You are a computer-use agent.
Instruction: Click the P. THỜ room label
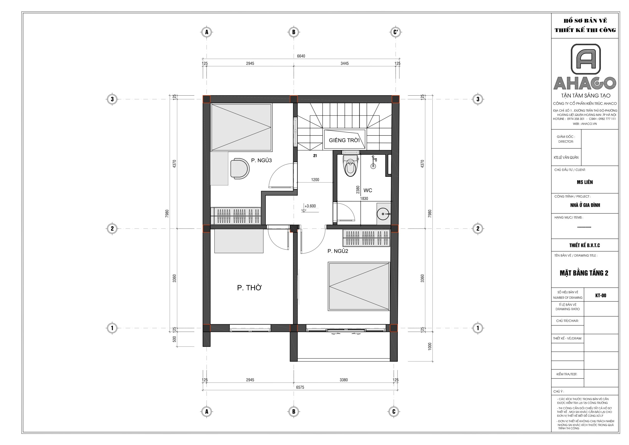tap(249, 288)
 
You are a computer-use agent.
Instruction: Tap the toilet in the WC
tap(350, 165)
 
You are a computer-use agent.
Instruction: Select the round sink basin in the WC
tap(383, 213)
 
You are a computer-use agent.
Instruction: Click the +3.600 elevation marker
tap(310, 206)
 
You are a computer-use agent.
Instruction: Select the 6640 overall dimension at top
tap(301, 56)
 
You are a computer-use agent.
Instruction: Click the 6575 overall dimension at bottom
tap(300, 387)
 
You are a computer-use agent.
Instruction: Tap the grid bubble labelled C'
tap(395, 32)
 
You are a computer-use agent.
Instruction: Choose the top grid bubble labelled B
tap(294, 32)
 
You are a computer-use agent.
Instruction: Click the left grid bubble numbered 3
tap(112, 99)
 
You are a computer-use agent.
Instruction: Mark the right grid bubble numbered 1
tap(478, 328)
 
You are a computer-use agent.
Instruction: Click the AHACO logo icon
tap(586, 59)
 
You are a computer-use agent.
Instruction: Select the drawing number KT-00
tap(601, 295)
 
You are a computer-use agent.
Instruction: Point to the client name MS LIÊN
tap(585, 182)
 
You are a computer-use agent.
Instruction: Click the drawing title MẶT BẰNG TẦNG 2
tap(584, 273)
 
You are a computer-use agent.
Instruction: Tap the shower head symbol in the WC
tap(373, 162)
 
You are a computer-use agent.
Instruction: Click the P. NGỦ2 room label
tap(338, 251)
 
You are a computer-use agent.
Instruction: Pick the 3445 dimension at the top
tap(344, 63)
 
